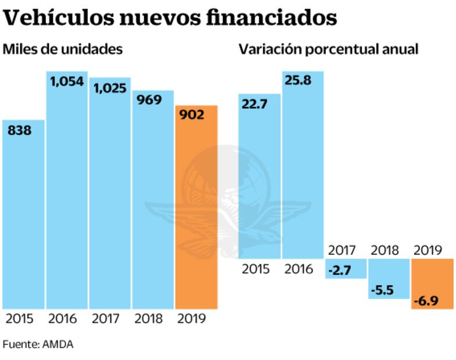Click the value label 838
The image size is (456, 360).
click(19, 131)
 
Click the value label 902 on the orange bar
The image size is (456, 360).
click(192, 115)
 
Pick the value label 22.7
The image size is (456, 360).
click(255, 105)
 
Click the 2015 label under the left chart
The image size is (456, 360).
click(20, 319)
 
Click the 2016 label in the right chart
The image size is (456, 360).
click(298, 269)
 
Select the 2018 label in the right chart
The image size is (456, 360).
click(384, 250)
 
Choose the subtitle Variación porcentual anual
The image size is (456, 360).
click(328, 49)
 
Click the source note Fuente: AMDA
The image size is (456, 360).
click(38, 344)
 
